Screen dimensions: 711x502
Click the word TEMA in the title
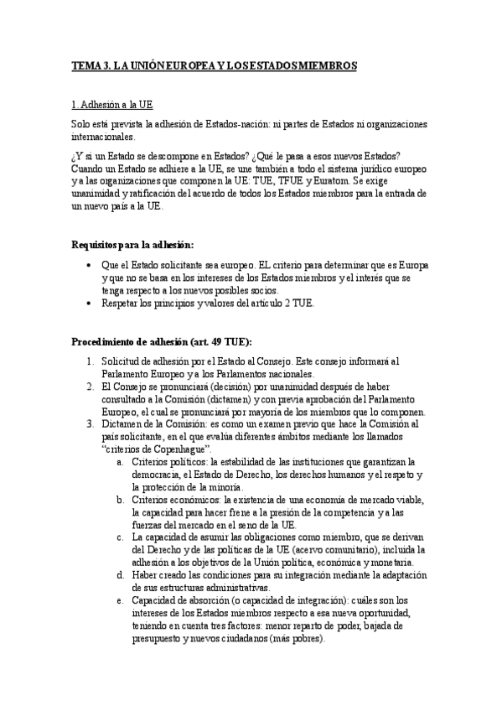[85, 65]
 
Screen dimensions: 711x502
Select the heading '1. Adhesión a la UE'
[111, 106]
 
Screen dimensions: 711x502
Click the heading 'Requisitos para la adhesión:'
[132, 245]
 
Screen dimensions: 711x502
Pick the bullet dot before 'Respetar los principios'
[91, 303]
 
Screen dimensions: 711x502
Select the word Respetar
[122, 303]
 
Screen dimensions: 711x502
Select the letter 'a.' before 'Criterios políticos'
[122, 462]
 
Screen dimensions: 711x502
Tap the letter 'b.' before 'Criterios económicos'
[122, 500]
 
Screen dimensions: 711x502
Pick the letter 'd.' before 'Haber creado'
[122, 575]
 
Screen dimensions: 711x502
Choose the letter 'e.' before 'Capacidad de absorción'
[122, 600]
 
